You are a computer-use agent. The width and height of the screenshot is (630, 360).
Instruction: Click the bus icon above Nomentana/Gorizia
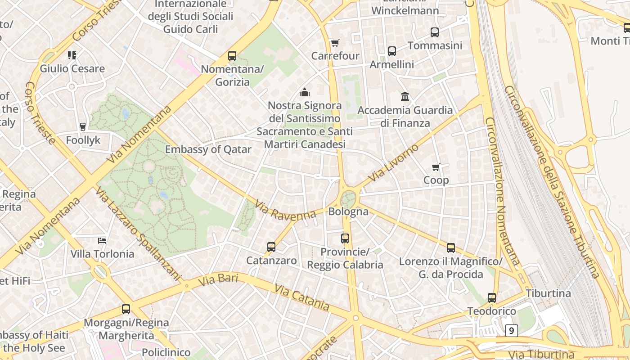point(232,56)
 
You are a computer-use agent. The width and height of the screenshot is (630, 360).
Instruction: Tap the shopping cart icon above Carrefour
point(335,43)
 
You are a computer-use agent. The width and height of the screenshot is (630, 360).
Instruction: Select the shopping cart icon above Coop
point(436,167)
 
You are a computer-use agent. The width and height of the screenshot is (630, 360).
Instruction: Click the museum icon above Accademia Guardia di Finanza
point(405,97)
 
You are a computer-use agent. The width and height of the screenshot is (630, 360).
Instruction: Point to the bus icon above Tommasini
point(434,32)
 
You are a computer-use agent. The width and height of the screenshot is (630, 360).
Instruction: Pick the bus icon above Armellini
point(392,51)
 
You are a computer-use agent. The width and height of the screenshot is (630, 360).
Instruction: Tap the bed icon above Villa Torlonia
point(102,241)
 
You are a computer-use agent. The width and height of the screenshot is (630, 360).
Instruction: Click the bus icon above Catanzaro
point(271,247)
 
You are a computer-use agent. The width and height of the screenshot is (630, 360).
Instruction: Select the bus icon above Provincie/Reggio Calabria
point(345,238)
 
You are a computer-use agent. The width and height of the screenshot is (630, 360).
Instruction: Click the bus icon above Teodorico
point(492,298)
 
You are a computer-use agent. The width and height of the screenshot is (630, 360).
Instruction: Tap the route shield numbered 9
point(511,331)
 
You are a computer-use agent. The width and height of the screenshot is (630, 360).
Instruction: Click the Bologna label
point(348,211)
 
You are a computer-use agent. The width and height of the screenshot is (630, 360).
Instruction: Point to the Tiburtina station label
point(548,293)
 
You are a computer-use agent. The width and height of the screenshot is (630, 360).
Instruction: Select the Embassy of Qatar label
point(208,149)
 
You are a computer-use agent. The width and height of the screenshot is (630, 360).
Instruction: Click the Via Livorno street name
point(393,163)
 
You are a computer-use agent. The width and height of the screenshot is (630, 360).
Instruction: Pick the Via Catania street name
point(301,297)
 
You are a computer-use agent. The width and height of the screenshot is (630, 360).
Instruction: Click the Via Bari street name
point(218,279)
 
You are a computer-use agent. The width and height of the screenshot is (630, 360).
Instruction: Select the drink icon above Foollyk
point(83,127)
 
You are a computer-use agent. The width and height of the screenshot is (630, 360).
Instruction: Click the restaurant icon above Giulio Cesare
point(72,55)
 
